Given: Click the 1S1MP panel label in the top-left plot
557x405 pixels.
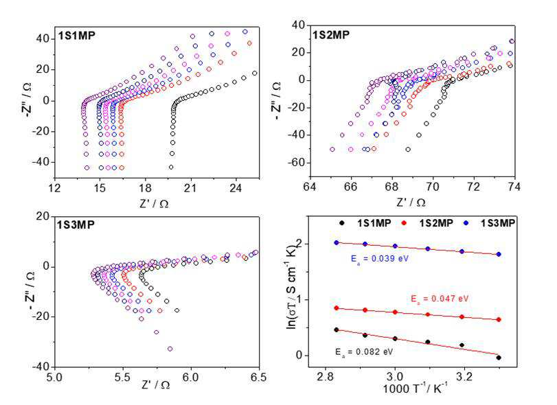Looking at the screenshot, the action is pos(77,36).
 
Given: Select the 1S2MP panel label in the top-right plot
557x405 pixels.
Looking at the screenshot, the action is pos(331,35).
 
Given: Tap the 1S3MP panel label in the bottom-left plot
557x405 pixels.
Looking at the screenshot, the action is pos(76,224).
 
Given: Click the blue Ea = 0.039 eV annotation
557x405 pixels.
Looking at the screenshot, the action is pos(380,258).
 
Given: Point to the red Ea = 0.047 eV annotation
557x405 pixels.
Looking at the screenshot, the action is pos(440,299).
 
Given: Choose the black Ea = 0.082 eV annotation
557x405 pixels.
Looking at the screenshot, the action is pos(364,351).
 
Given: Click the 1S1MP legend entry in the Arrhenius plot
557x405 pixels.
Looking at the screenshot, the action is pos(365,223).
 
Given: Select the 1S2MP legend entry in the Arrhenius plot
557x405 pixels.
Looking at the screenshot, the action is pos(427,223).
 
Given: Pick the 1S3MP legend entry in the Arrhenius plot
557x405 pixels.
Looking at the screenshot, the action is pos(489,223).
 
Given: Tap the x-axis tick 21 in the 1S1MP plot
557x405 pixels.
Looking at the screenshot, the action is pos(190,188).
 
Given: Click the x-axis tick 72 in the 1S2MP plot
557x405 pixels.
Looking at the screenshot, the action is pos(473,187).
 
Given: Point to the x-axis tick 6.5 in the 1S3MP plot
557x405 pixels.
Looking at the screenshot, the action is pos(258,377).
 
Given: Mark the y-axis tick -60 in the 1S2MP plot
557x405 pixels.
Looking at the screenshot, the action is pos(298,163).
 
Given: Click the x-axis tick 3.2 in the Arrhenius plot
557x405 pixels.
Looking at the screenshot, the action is pos(464,376).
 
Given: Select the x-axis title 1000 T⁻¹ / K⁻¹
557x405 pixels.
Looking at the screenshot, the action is pos(416,388).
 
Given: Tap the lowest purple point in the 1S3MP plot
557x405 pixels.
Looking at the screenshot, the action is pos(170,349).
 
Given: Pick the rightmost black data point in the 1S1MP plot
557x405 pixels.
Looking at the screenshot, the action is pos(254,73).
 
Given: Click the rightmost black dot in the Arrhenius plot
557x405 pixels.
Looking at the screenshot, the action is pos(499,358).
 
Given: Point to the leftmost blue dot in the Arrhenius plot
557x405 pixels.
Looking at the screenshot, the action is pos(337,243).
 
